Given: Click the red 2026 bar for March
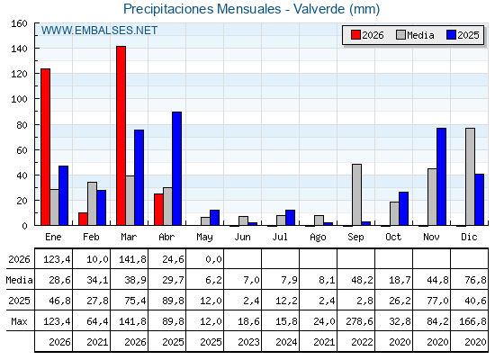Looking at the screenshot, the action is tap(121, 136).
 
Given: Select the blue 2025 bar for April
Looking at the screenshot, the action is tap(176, 168).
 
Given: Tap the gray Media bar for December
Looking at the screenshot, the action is tap(470, 176).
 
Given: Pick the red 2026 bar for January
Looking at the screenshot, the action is tap(45, 147).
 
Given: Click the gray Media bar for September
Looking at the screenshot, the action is tap(356, 194).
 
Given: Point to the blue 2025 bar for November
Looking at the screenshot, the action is tap(441, 176).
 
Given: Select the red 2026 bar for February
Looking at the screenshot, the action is tap(83, 219).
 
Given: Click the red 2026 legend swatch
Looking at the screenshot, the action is tap(355, 35).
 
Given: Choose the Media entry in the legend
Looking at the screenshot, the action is tap(415, 35).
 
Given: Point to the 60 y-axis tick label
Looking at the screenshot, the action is tap(22, 150).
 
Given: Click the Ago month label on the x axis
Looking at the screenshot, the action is tap(318, 238).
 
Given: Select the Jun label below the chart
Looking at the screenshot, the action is tap(242, 237).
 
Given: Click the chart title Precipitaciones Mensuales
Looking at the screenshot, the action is tap(202, 9).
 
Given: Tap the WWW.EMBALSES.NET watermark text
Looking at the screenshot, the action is tap(99, 31).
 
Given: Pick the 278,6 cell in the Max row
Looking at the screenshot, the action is tap(359, 321).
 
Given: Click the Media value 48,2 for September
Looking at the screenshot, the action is tap(362, 280).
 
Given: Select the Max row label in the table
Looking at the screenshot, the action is tap(19, 321).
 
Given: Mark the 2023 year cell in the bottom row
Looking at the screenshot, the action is tap(248, 342).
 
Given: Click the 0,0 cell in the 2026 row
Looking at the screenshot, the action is tap(214, 259).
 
